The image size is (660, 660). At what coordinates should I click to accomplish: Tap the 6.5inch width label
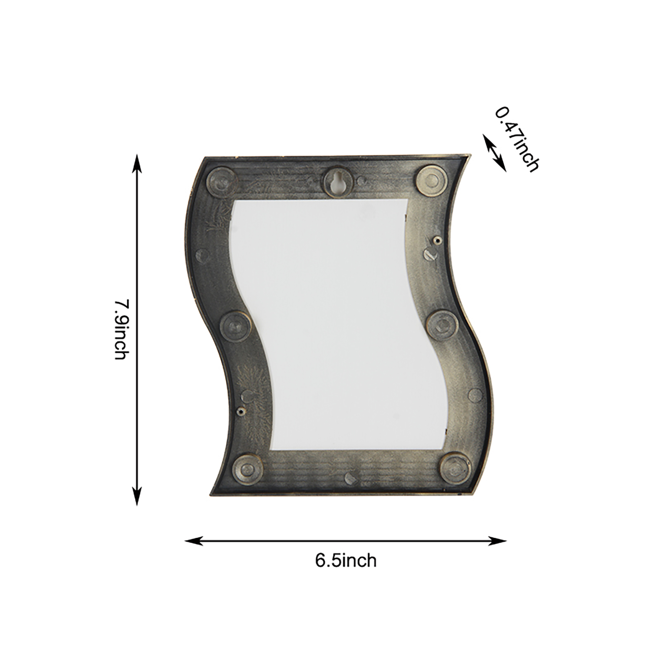pos(346,561)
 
